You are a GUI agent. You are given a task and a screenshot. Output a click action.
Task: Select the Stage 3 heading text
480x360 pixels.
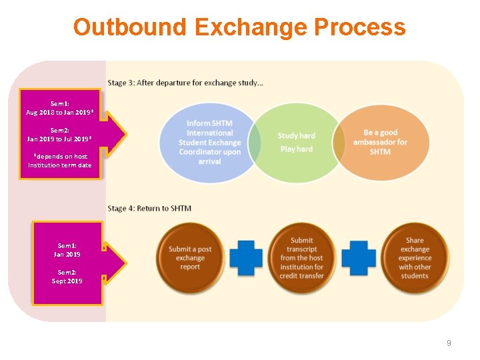(185, 83)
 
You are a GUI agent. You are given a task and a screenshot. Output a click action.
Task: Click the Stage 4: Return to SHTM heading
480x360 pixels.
(149, 208)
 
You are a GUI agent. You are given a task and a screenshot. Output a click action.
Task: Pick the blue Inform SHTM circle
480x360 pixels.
(209, 143)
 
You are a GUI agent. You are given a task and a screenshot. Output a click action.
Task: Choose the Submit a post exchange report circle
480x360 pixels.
(190, 258)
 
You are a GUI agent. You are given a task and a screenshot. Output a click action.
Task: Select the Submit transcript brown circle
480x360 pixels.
(302, 258)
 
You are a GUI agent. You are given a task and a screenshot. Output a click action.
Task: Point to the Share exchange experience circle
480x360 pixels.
(414, 258)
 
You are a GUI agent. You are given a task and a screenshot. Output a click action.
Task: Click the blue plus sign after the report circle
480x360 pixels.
(246, 258)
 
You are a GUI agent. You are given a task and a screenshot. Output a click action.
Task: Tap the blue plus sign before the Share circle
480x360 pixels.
(358, 258)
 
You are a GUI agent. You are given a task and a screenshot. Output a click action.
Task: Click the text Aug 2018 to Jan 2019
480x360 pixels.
(59, 112)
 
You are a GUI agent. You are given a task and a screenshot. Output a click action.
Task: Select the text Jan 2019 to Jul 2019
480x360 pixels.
(59, 139)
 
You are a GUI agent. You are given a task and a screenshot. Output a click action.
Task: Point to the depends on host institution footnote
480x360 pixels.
(60, 161)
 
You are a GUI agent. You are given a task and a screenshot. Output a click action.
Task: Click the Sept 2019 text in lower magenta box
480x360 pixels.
(67, 281)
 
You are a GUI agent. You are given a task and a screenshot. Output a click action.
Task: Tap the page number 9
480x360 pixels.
(449, 343)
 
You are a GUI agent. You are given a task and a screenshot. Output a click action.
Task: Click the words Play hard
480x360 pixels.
(297, 149)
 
